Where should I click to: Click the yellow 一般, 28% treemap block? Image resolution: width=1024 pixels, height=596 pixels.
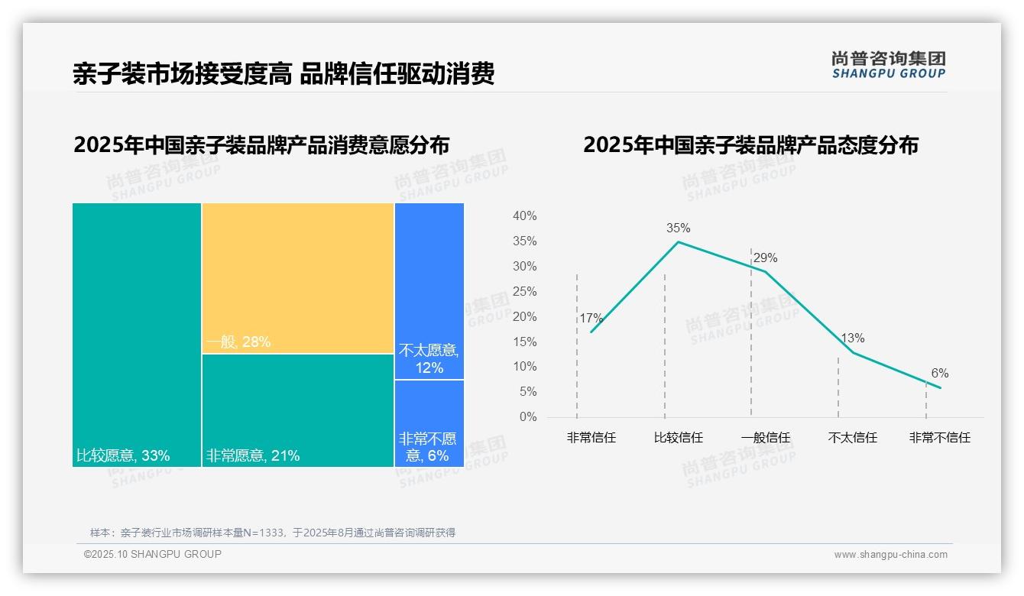pos(298,278)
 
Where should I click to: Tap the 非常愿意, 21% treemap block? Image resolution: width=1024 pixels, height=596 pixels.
pos(298,410)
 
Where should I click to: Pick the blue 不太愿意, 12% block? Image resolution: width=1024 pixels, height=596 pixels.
pos(429,291)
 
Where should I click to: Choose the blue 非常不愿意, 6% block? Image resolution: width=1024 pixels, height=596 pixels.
pos(429,423)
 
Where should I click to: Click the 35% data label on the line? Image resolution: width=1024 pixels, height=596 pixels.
pos(678,228)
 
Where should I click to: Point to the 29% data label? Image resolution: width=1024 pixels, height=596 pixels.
pos(765,258)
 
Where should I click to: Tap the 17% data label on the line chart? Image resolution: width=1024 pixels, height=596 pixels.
pos(591,319)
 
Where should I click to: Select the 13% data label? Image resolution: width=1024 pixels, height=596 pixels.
pos(853,338)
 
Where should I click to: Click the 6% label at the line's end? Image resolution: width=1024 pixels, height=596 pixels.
pos(939,374)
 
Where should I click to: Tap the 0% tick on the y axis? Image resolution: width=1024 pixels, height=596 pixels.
pos(528,417)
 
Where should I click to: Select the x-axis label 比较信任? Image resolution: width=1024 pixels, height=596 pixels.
pos(678,438)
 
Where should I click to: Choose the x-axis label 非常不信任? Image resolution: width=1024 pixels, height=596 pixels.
pos(939,438)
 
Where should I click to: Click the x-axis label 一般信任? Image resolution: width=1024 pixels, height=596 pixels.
pos(765,438)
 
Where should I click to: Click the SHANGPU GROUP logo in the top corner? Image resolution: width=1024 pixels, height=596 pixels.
pos(888,64)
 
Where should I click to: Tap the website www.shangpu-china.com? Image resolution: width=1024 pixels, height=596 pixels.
pos(890,555)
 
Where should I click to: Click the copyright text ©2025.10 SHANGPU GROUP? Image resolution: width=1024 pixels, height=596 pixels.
pos(153,554)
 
